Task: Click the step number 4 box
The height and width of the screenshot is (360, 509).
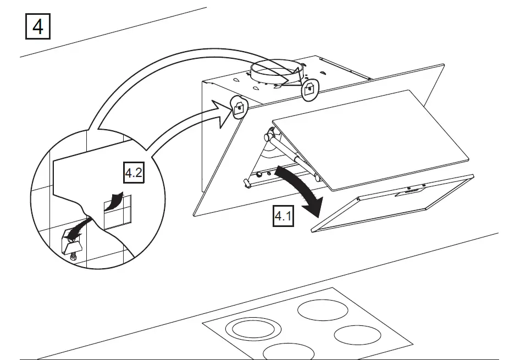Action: click(38, 26)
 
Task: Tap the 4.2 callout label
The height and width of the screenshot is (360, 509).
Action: click(133, 174)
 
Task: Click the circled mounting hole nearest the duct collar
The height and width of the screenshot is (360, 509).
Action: click(310, 88)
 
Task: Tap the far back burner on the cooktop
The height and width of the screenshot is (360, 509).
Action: click(322, 309)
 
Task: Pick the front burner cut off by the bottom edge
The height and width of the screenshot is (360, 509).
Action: click(289, 352)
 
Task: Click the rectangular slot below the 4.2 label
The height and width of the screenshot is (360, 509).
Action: click(117, 212)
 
